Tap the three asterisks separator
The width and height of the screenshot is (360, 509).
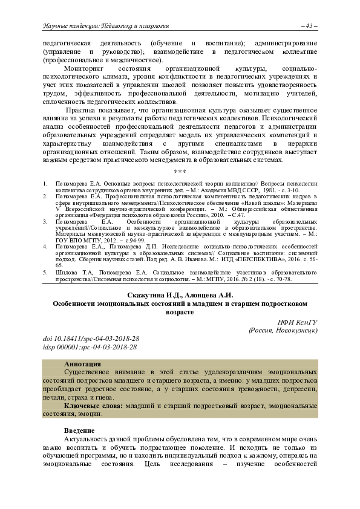click(x=180, y=173)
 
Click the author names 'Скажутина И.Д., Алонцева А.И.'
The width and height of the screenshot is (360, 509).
click(x=180, y=295)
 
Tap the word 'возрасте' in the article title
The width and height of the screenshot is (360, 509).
click(x=180, y=313)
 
